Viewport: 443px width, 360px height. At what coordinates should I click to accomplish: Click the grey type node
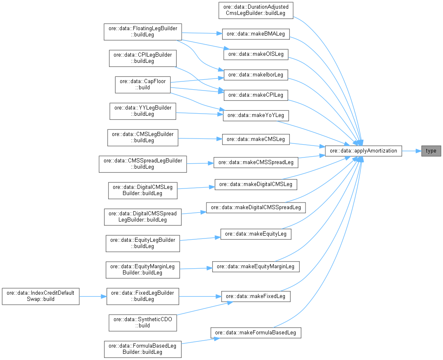(431, 151)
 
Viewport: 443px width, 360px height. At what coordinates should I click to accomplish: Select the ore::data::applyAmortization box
(363, 151)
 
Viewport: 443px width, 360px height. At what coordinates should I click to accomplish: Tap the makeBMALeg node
(256, 34)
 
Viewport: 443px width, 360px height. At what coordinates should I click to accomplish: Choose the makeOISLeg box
(256, 54)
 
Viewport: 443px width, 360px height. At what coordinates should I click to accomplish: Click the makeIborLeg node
(256, 74)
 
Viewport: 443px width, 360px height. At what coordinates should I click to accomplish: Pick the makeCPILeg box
(256, 95)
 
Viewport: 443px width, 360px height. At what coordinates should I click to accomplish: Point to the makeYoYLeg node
(256, 115)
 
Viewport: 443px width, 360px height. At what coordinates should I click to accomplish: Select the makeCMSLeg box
(256, 139)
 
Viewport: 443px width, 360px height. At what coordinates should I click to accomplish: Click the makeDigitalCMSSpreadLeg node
(256, 207)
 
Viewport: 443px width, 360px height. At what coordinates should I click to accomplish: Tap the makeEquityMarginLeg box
(256, 267)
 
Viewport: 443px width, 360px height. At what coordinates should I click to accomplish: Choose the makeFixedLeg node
(256, 296)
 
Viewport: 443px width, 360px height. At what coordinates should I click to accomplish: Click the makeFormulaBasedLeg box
(256, 333)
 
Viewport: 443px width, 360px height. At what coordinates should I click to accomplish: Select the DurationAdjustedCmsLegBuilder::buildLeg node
(256, 10)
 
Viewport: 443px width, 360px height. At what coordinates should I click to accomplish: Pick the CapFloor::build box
(143, 84)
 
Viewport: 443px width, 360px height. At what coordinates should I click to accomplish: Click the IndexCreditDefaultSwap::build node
(40, 296)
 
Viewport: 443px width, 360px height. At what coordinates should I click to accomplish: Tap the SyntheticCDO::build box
(143, 322)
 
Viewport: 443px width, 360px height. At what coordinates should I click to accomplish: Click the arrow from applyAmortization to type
(411, 151)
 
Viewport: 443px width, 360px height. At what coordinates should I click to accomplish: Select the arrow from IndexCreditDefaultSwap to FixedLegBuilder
(93, 296)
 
